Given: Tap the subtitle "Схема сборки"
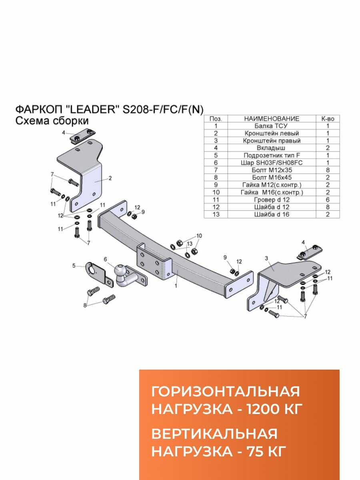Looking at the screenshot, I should tap(52, 121).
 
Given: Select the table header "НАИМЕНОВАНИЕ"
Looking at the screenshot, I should tap(272, 119).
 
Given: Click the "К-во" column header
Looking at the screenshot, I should tap(328, 119).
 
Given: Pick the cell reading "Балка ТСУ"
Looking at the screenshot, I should tap(272, 126).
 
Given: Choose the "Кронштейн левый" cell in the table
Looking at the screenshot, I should tap(272, 133).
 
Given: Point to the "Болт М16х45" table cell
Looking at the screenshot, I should tap(272, 178).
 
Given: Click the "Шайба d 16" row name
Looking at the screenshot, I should tap(272, 214).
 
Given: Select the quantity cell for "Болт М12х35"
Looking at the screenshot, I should tap(328, 170).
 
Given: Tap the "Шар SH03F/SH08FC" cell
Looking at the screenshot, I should tap(272, 163).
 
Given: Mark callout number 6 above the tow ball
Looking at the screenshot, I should tap(106, 259).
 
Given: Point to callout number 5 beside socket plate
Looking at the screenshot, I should tap(74, 265).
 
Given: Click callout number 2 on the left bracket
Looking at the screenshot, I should tap(110, 178).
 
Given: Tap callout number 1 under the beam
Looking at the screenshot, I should tap(175, 286).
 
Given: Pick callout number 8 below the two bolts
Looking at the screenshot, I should tap(85, 306).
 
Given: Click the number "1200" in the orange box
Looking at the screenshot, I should tap(260, 409).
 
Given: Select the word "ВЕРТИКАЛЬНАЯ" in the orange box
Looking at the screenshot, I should tap(214, 434).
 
